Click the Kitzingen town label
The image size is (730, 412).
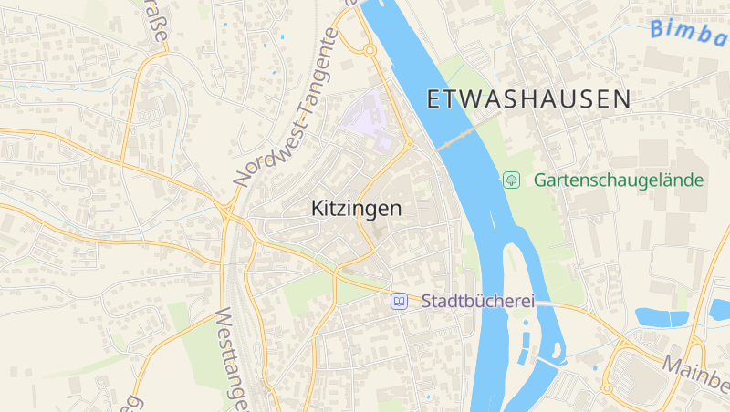click(356, 209)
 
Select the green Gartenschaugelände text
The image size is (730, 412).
click(619, 180)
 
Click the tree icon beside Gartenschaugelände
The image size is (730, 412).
click(512, 180)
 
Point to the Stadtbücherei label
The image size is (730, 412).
click(476, 300)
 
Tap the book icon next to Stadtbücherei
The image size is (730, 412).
click(399, 300)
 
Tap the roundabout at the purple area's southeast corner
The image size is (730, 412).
click(409, 144)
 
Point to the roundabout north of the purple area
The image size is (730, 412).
click(370, 50)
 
